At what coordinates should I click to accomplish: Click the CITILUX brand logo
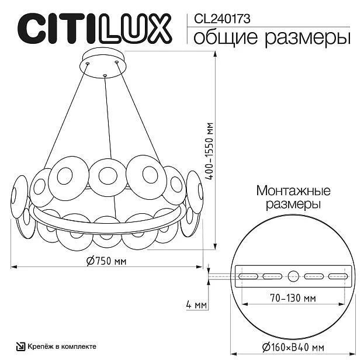95,29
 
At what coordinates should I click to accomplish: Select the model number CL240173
222,19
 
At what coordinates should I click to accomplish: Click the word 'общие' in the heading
226,37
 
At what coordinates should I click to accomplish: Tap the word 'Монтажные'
293,191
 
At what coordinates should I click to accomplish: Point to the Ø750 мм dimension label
106,261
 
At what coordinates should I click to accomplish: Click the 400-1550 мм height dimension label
210,151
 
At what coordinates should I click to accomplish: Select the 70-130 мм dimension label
293,298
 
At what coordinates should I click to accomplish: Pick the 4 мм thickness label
196,305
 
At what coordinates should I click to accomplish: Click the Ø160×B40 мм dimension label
293,347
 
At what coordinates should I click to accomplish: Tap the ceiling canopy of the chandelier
103,63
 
